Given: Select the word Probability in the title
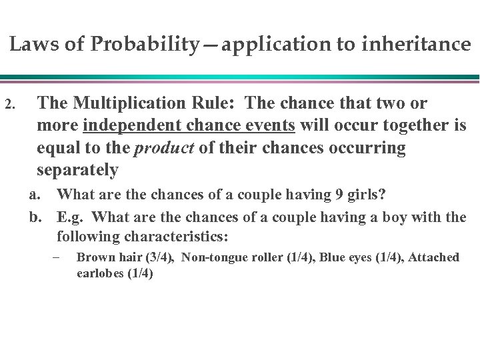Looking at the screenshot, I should [x=133, y=45].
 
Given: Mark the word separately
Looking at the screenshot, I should [x=79, y=170].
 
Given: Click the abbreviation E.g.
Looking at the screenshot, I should [x=71, y=215].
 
